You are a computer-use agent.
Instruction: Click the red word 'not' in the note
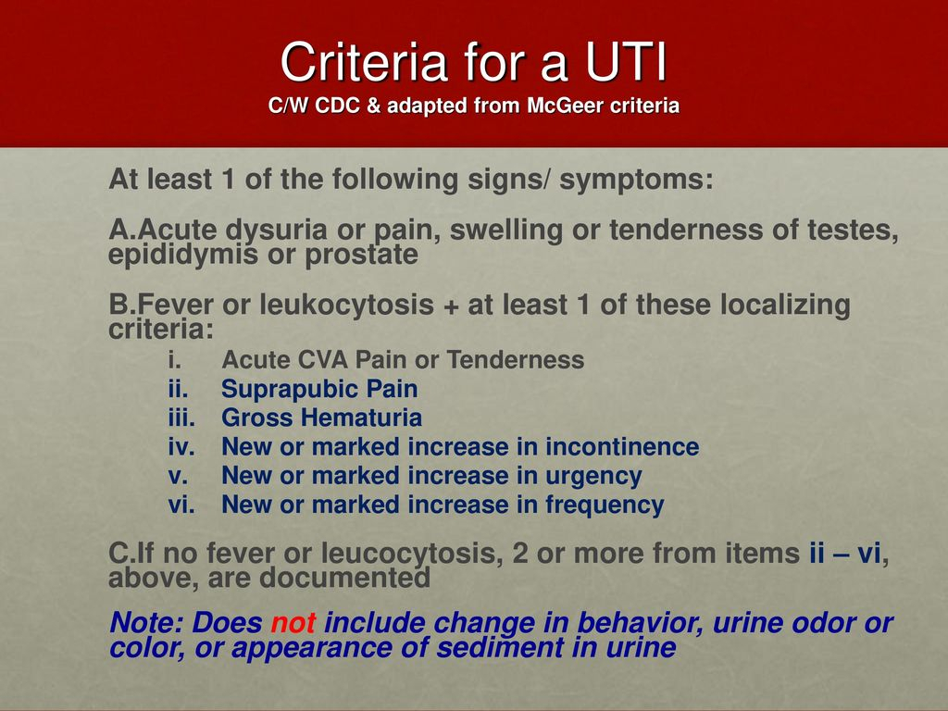pos(293,623)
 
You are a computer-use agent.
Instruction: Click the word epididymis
pos(183,256)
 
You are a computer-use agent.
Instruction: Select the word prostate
pos(362,256)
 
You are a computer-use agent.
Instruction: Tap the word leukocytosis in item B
pos(347,304)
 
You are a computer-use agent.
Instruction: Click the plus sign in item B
pos(451,306)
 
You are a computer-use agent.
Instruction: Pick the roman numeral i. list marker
pos(175,360)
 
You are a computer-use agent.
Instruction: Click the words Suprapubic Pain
pos(319,390)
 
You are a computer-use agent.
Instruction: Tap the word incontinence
pos(622,447)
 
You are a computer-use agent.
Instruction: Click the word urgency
pos(593,477)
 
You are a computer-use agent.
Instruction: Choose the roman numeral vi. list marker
pos(181,505)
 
